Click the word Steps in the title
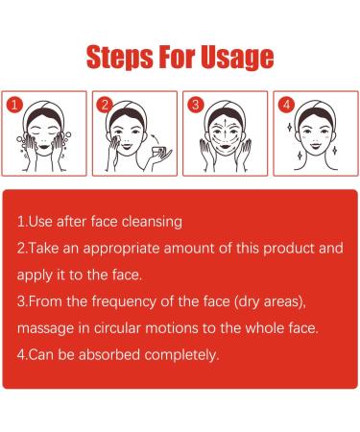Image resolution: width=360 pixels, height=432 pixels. click(x=120, y=58)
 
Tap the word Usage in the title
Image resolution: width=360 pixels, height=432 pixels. click(x=237, y=58)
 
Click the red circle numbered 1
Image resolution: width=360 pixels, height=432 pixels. click(x=14, y=105)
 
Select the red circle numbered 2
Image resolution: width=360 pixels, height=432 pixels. click(x=105, y=105)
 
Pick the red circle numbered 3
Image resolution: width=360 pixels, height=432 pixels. click(x=195, y=105)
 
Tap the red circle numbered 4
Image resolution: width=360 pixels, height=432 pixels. click(x=286, y=105)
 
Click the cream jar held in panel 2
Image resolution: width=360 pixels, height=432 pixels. click(x=159, y=151)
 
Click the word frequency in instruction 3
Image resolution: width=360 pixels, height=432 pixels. click(x=124, y=302)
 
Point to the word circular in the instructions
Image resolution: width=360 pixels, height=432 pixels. click(x=117, y=328)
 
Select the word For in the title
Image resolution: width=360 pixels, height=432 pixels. click(x=177, y=58)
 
